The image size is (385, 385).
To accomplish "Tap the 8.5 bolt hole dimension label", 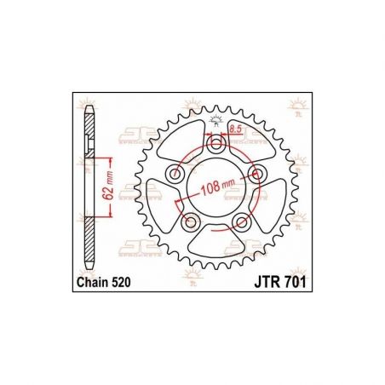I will click(x=235, y=129).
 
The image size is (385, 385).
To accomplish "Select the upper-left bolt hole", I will click(x=176, y=175).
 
